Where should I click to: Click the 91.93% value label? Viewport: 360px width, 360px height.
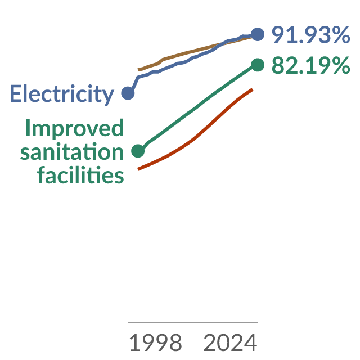(x=311, y=34)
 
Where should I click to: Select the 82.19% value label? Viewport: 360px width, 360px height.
(x=311, y=65)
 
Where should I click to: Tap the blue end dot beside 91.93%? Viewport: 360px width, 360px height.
(x=258, y=34)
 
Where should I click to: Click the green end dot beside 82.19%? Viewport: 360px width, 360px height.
(x=258, y=65)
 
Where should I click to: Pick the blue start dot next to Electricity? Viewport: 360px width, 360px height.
(x=128, y=93)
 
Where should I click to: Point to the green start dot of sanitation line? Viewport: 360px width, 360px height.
(x=138, y=151)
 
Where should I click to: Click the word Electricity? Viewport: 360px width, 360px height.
(x=62, y=94)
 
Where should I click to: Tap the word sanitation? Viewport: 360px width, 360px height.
(x=72, y=151)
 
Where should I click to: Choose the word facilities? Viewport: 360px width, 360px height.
(x=80, y=175)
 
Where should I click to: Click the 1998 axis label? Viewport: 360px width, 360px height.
(x=156, y=343)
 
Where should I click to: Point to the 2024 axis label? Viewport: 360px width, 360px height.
(x=230, y=343)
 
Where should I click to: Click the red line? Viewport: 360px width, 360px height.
(x=195, y=138)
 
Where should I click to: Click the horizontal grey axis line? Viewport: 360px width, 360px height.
(x=192, y=322)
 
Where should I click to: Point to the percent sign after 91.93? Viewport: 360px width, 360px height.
(x=342, y=34)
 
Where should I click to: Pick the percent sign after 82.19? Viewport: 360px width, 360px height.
(x=342, y=65)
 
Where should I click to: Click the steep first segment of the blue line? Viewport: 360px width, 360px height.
(x=133, y=85)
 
